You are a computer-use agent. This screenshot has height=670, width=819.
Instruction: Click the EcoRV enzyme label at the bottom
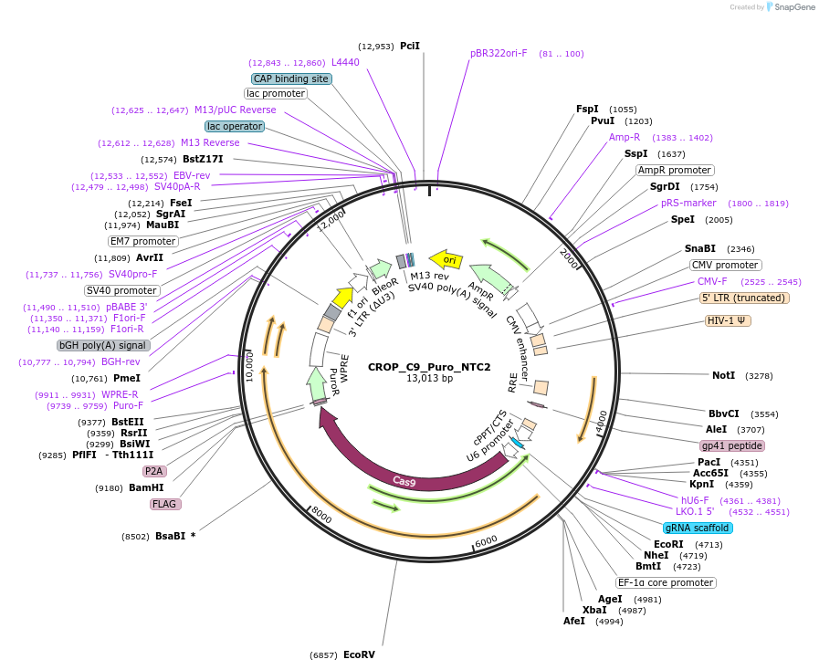click(x=359, y=654)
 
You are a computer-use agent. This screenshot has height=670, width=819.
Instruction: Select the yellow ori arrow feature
click(x=446, y=259)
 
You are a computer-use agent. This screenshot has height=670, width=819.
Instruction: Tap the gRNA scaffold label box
click(x=698, y=528)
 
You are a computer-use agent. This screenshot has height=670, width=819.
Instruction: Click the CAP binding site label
click(x=290, y=79)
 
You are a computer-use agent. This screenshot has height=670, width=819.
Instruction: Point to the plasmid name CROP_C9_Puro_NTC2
click(x=429, y=367)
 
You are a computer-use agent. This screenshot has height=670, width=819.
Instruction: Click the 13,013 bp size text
click(x=429, y=379)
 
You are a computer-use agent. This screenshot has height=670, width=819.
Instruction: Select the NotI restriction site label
click(x=723, y=375)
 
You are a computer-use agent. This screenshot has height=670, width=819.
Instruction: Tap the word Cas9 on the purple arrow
click(x=404, y=480)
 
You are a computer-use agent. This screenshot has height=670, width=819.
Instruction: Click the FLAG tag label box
click(x=164, y=504)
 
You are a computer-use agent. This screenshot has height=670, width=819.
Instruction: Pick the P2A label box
click(x=154, y=471)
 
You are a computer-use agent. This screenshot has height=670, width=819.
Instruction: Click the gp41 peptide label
click(x=731, y=445)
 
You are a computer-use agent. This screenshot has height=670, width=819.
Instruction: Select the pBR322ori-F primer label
click(x=499, y=53)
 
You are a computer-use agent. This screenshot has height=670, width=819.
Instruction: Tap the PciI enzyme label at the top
click(x=410, y=46)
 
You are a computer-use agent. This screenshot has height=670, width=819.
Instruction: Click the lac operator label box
click(x=235, y=126)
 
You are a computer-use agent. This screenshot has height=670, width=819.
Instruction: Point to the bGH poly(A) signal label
click(x=102, y=345)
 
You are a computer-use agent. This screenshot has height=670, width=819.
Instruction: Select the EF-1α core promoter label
click(x=666, y=582)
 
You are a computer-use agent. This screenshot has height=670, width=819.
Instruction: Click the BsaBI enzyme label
click(x=170, y=536)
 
